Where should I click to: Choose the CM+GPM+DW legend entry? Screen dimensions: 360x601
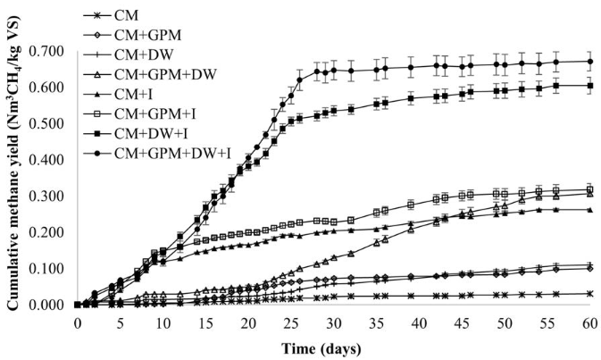[170, 75]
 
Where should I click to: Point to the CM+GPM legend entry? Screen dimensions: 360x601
[155, 36]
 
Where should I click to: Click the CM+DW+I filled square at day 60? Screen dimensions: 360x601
[589, 86]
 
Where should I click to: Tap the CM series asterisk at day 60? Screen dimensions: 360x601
[589, 294]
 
